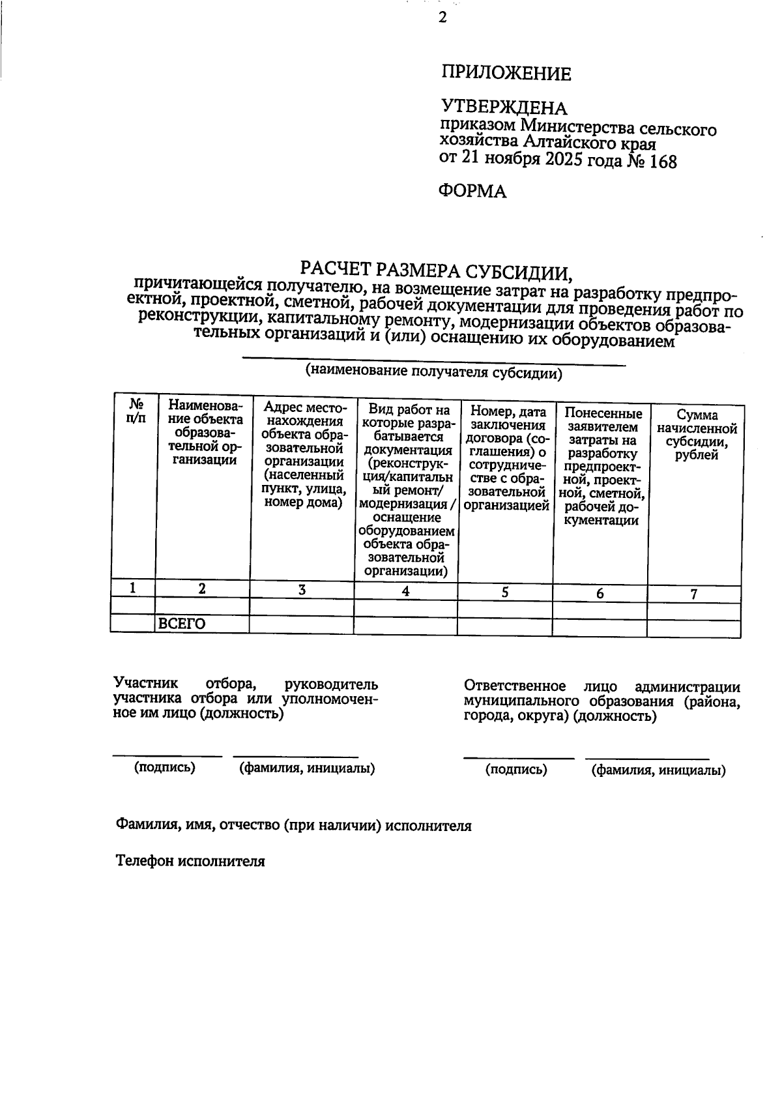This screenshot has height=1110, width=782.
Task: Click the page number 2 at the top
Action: tap(442, 18)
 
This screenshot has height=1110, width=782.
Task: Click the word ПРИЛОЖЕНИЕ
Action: tap(506, 73)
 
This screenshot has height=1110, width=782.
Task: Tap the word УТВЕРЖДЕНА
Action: tap(504, 107)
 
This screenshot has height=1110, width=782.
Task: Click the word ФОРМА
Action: tap(472, 191)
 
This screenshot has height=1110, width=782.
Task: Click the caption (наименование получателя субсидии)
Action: tap(434, 373)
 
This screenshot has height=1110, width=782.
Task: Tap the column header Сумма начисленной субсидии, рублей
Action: tap(697, 435)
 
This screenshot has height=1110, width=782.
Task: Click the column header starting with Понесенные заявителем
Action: tap(603, 467)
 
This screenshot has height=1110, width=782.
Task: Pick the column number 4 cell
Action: tap(405, 591)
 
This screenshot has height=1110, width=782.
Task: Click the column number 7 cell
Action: tap(694, 594)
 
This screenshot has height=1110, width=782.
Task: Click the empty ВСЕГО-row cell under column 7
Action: tap(694, 628)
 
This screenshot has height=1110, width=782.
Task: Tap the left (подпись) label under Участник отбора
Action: tap(165, 767)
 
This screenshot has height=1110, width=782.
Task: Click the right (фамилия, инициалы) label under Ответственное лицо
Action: tap(658, 770)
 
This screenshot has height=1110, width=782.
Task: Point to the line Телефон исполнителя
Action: tap(190, 861)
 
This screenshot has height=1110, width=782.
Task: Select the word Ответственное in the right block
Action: tap(514, 686)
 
